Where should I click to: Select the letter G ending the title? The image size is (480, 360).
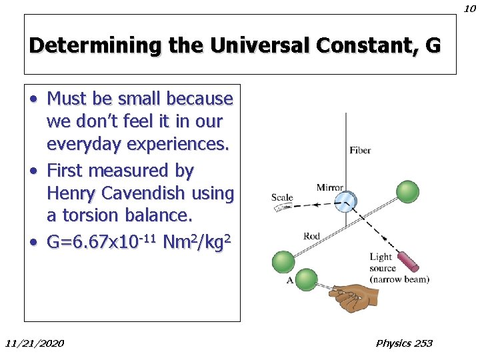(432, 45)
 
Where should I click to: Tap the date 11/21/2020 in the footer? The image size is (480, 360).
(35, 343)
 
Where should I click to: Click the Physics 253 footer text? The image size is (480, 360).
(404, 343)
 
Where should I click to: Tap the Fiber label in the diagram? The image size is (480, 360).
(360, 151)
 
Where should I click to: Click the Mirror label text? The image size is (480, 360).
(329, 188)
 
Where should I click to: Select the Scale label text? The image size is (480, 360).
(282, 197)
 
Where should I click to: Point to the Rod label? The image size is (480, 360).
(311, 236)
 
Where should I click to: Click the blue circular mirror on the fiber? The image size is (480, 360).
(345, 201)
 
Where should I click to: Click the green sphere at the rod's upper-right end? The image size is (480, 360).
(407, 192)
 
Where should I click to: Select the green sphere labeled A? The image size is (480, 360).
(306, 279)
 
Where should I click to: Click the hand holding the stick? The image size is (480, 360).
(354, 297)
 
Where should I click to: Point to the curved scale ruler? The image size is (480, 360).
(283, 208)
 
